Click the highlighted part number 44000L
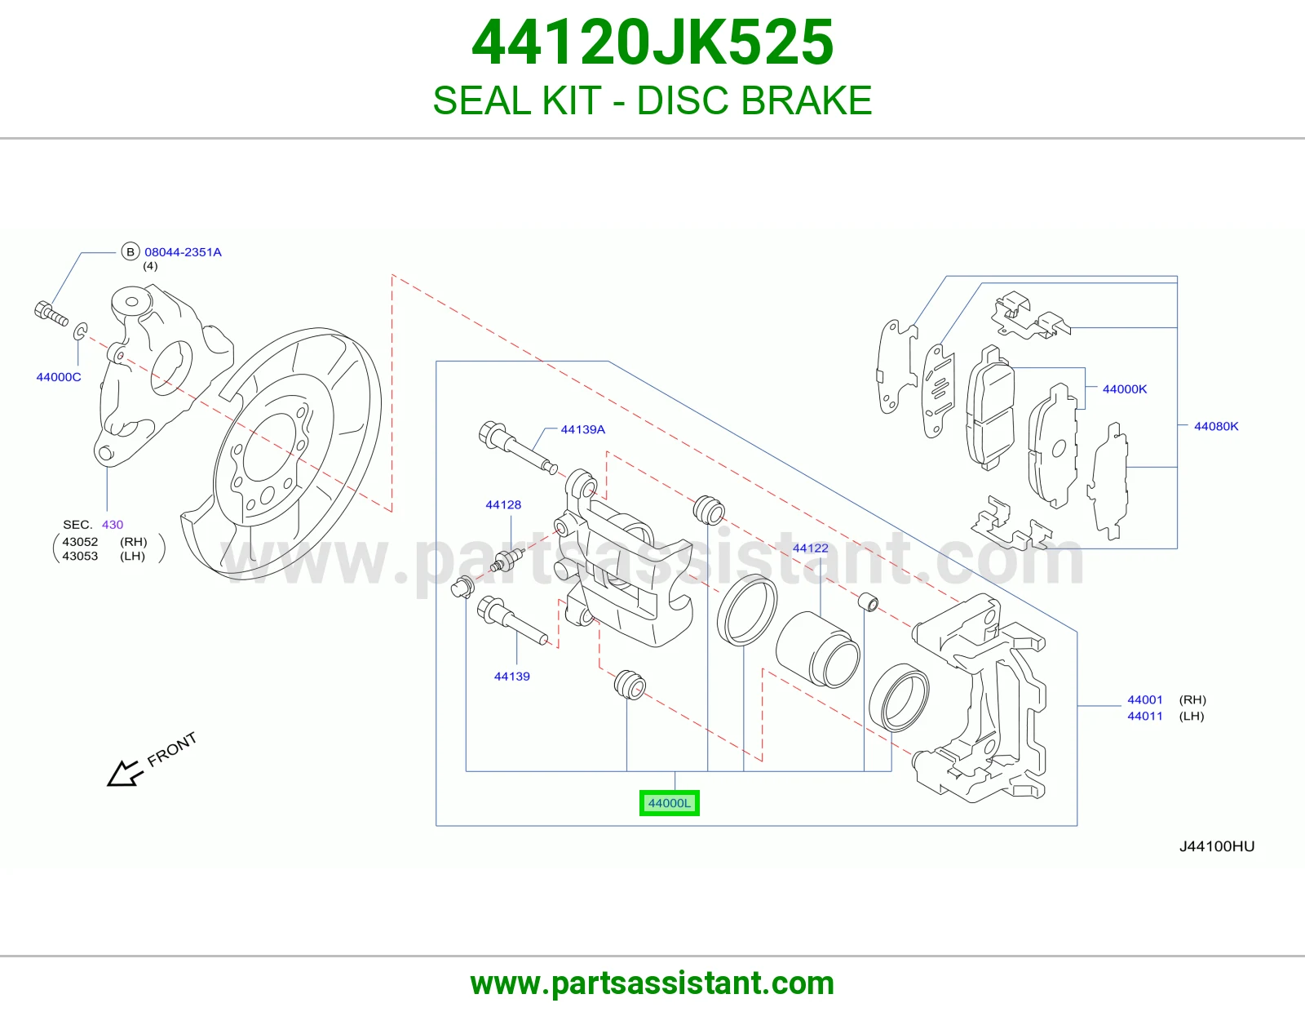669,803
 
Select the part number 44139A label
582,429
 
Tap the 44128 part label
503,504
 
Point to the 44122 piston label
810,548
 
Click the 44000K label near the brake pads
1124,388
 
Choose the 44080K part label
1216,426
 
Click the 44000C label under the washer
58,377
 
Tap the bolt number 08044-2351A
183,252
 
